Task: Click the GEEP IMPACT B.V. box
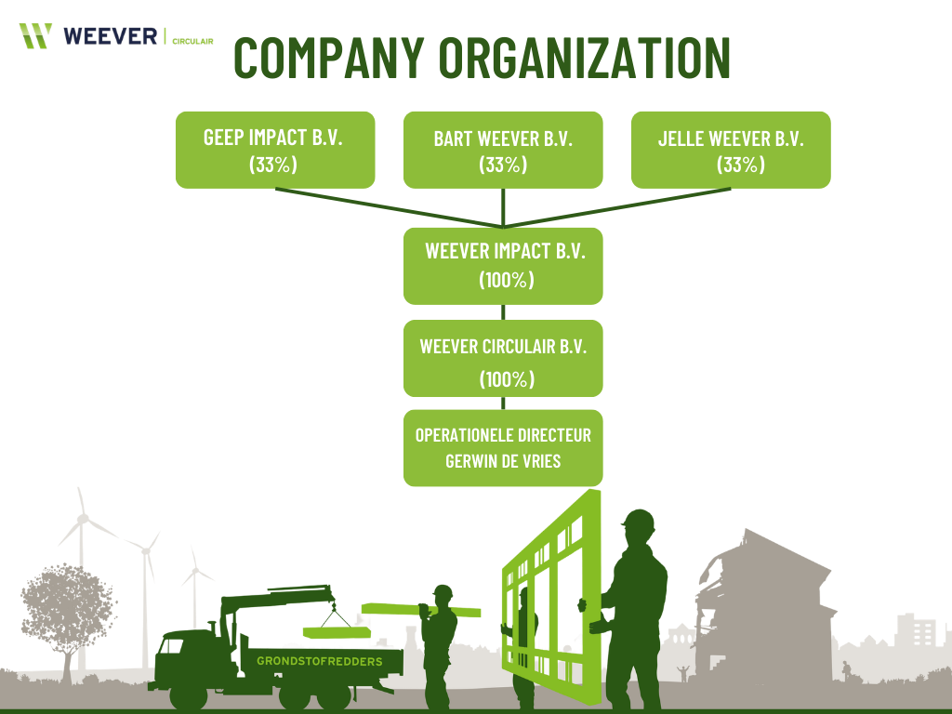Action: tap(274, 150)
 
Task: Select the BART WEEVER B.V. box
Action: tap(503, 150)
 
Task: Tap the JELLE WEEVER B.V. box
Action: tap(731, 150)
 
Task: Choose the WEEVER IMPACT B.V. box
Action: tap(503, 265)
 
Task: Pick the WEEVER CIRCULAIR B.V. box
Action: tap(503, 358)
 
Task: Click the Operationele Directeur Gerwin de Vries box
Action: tap(503, 447)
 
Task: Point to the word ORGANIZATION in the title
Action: tap(585, 59)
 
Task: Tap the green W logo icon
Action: tap(35, 35)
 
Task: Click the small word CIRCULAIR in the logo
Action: tap(193, 41)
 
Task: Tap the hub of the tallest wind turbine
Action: tap(83, 516)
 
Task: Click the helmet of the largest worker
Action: tap(639, 522)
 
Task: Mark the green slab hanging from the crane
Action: tap(334, 632)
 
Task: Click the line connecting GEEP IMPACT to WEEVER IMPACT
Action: tap(390, 207)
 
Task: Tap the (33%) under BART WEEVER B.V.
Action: tap(503, 165)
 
